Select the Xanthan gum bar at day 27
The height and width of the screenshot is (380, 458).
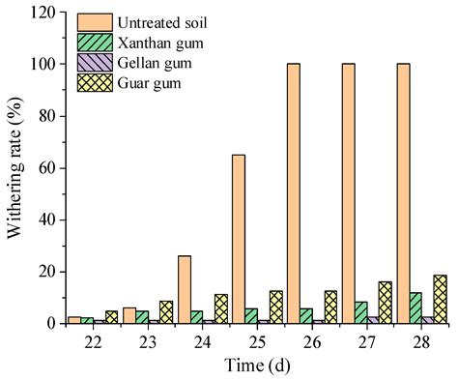coord(360,312)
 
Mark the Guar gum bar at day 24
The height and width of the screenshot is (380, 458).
coord(221,308)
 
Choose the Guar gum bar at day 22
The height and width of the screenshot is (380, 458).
coord(111,316)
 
